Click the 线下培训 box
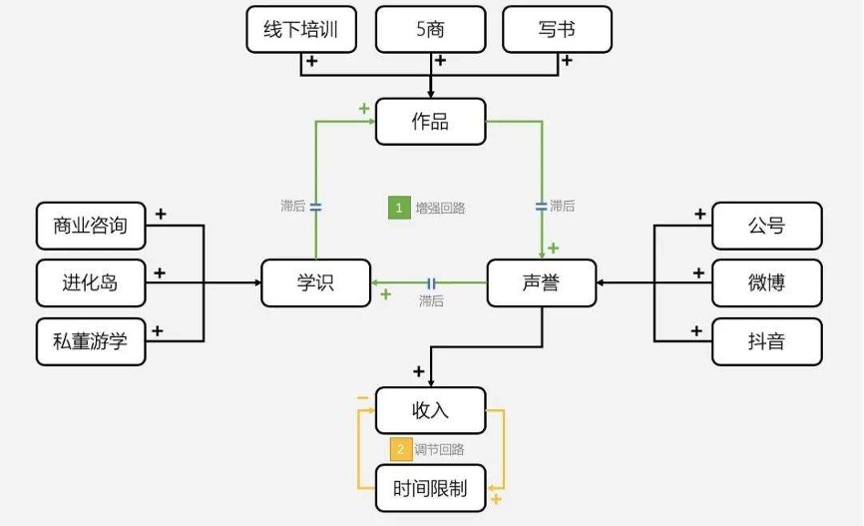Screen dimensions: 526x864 pyautogui.click(x=300, y=30)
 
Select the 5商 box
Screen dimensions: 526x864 pyautogui.click(x=430, y=30)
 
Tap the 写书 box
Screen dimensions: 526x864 pyautogui.click(x=557, y=30)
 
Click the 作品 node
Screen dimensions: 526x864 pyautogui.click(x=430, y=122)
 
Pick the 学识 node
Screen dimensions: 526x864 pyautogui.click(x=315, y=283)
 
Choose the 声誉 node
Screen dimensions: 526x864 pyautogui.click(x=541, y=283)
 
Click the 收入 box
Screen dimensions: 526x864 pyautogui.click(x=430, y=410)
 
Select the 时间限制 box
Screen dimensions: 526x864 pyautogui.click(x=430, y=488)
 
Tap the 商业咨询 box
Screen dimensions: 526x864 pyautogui.click(x=91, y=226)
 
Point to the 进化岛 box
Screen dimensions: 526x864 pyautogui.click(x=91, y=283)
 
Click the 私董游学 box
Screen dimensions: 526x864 pyautogui.click(x=91, y=341)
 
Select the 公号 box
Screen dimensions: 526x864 pyautogui.click(x=766, y=226)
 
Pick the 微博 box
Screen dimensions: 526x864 pyautogui.click(x=766, y=283)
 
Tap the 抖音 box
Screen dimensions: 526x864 pyautogui.click(x=766, y=341)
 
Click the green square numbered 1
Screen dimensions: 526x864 pyautogui.click(x=399, y=208)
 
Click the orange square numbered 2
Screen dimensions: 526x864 pyautogui.click(x=400, y=449)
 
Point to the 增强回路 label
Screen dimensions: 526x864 pyautogui.click(x=440, y=209)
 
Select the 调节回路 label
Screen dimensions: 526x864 pyautogui.click(x=440, y=450)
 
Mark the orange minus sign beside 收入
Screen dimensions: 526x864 pyautogui.click(x=362, y=398)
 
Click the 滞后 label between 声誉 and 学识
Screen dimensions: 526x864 pyautogui.click(x=431, y=300)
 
